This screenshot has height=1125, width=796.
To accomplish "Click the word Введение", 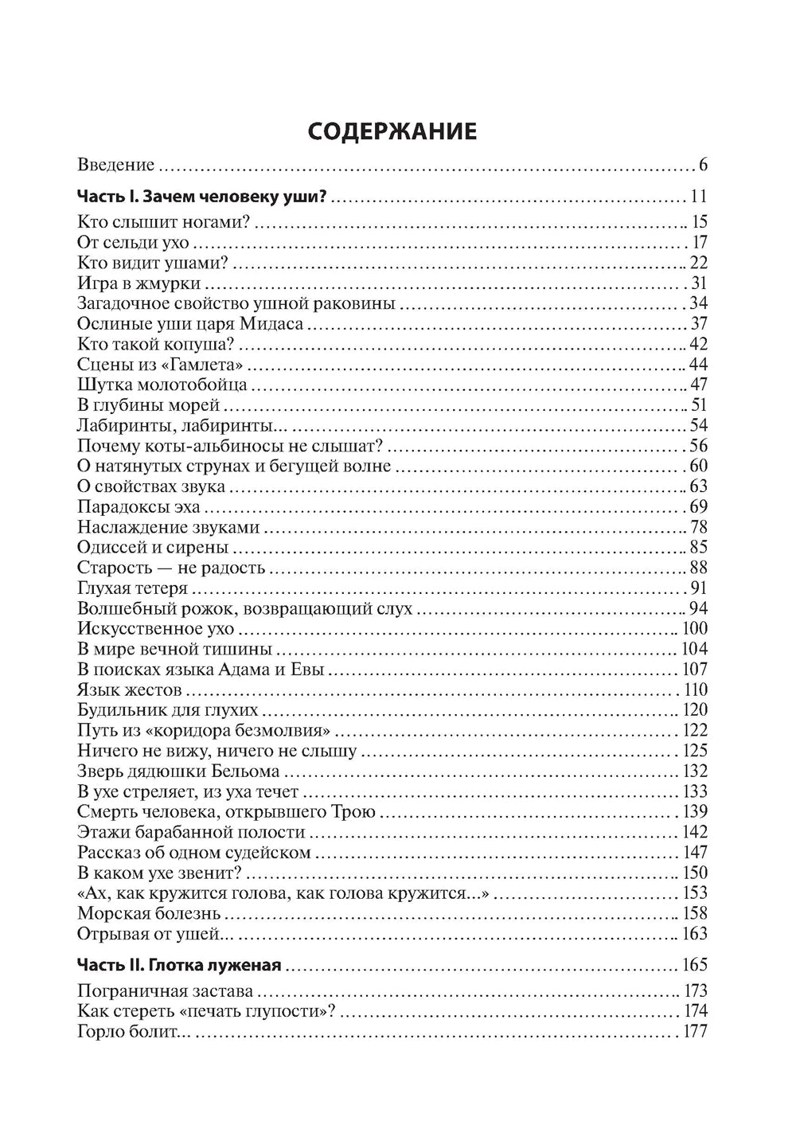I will (116, 166).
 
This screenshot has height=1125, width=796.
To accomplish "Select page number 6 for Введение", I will (703, 166).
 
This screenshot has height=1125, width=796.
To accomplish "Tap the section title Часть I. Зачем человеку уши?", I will (203, 197).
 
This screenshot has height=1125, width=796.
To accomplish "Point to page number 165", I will (694, 965).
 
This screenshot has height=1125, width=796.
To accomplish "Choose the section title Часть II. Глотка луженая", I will (179, 965).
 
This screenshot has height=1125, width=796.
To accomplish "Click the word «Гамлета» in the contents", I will (211, 365).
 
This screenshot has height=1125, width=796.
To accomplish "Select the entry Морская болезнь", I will (149, 913).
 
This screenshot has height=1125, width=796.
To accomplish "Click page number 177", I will (694, 1033).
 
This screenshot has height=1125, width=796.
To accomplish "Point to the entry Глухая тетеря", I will (132, 588).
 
